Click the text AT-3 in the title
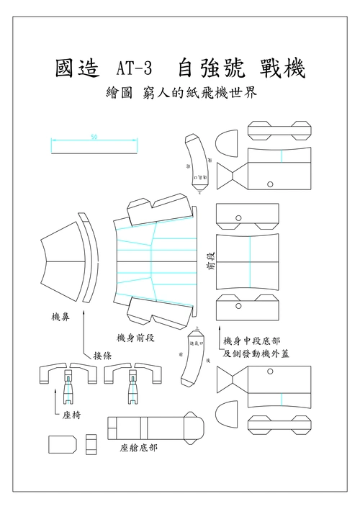[134, 70]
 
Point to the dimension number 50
[94, 137]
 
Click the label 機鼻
[61, 317]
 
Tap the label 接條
[102, 355]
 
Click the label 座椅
[72, 415]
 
